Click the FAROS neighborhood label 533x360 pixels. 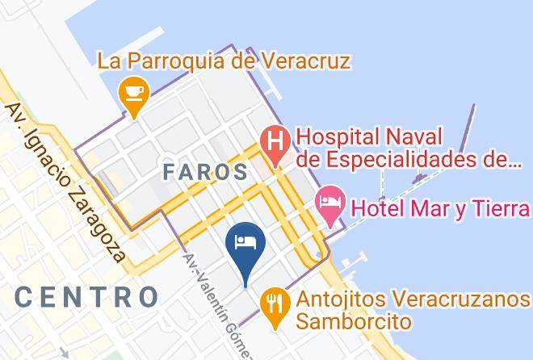click(x=205, y=171)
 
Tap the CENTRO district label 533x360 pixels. click(x=86, y=296)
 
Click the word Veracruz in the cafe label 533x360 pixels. click(x=308, y=61)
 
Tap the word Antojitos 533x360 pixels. click(x=343, y=299)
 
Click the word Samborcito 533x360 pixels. click(x=354, y=321)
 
